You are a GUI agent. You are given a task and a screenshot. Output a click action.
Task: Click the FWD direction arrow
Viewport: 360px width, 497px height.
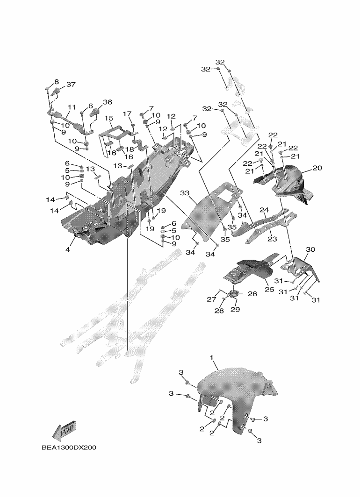[65, 432]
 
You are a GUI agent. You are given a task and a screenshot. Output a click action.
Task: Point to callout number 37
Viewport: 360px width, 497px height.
[71, 85]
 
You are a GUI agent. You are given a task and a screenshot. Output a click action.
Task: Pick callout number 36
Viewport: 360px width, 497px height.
[108, 102]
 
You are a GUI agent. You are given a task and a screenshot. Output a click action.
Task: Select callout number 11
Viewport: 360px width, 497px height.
[72, 107]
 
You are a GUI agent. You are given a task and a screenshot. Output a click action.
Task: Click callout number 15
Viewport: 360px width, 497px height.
[109, 118]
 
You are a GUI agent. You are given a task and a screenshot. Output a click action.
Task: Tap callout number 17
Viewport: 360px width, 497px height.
[128, 114]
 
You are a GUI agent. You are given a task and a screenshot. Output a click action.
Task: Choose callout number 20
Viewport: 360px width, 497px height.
[317, 168]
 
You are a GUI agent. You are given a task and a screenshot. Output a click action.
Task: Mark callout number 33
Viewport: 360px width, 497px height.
[185, 192]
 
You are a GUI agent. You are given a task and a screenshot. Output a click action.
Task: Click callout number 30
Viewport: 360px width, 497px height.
[311, 249]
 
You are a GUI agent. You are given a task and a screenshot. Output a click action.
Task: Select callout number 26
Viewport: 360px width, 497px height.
[252, 294]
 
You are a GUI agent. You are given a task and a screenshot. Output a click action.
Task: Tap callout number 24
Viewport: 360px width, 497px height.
[264, 210]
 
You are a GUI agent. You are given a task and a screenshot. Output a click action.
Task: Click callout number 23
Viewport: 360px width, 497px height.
[272, 238]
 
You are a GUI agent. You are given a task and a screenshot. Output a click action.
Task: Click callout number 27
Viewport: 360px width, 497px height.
[211, 299]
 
